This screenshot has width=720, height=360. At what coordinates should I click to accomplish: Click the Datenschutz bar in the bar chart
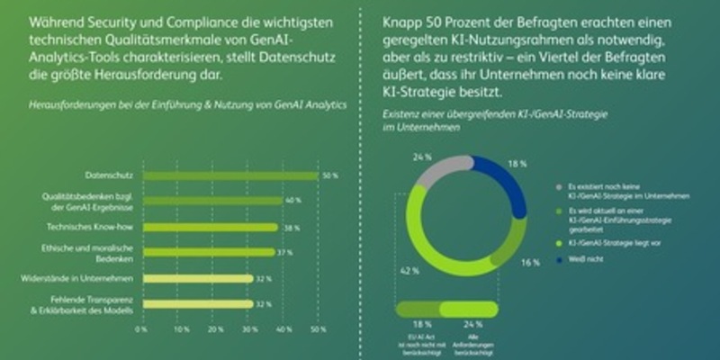click(x=229, y=175)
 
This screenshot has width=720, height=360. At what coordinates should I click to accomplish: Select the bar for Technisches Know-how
click(x=209, y=227)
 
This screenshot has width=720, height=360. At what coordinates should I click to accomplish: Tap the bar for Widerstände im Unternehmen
click(x=195, y=278)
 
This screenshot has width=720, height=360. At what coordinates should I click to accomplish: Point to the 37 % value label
click(x=285, y=253)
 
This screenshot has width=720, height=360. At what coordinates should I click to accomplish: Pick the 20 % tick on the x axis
click(x=212, y=329)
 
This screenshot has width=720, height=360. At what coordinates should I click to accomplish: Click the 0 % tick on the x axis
click(x=141, y=329)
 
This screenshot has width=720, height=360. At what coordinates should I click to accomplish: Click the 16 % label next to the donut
click(x=530, y=263)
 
